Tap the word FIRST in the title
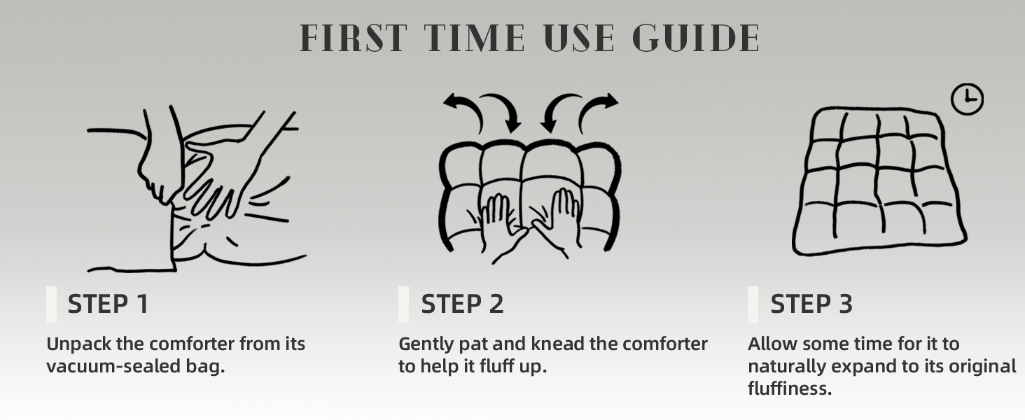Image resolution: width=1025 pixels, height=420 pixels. click(354, 38)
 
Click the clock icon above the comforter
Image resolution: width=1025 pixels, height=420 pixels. click(968, 99)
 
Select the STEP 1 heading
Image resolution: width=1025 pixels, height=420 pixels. click(109, 304)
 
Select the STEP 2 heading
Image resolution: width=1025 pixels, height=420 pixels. click(462, 304)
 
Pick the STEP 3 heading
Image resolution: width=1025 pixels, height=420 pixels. click(811, 304)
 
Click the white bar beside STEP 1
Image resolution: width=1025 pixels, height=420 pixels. click(51, 304)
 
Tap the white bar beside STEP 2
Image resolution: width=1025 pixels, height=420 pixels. click(403, 304)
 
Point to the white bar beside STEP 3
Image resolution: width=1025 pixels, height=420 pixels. click(753, 304)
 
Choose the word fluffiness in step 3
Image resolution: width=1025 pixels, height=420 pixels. click(790, 389)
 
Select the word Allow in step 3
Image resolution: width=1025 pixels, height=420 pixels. click(772, 344)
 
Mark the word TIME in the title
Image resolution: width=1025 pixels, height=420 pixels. click(475, 38)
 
